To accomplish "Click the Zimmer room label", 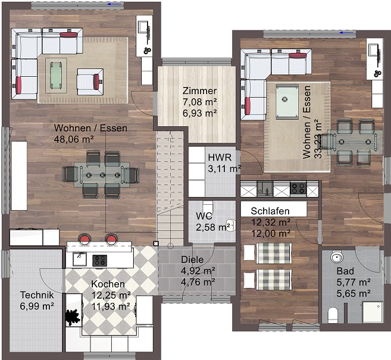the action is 199,91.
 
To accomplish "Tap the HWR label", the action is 220,158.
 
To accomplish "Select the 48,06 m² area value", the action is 74,139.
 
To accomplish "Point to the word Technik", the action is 37,295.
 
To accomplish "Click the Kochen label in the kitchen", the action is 108,284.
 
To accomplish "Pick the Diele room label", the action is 192,259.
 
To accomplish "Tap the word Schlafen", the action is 270,211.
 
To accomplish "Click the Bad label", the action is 345,271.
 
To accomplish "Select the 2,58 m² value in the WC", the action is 213,227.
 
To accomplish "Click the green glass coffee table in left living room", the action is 56,76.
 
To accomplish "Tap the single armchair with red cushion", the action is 90,82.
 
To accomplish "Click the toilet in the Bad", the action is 333,315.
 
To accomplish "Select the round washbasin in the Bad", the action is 337,257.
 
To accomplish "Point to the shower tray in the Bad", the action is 373,312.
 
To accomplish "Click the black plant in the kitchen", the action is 73,317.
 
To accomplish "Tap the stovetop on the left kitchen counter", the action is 100,261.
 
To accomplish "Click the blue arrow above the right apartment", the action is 347,33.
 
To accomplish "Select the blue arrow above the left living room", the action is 116,4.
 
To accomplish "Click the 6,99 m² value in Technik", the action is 37,306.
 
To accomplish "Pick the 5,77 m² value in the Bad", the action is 354,282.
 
